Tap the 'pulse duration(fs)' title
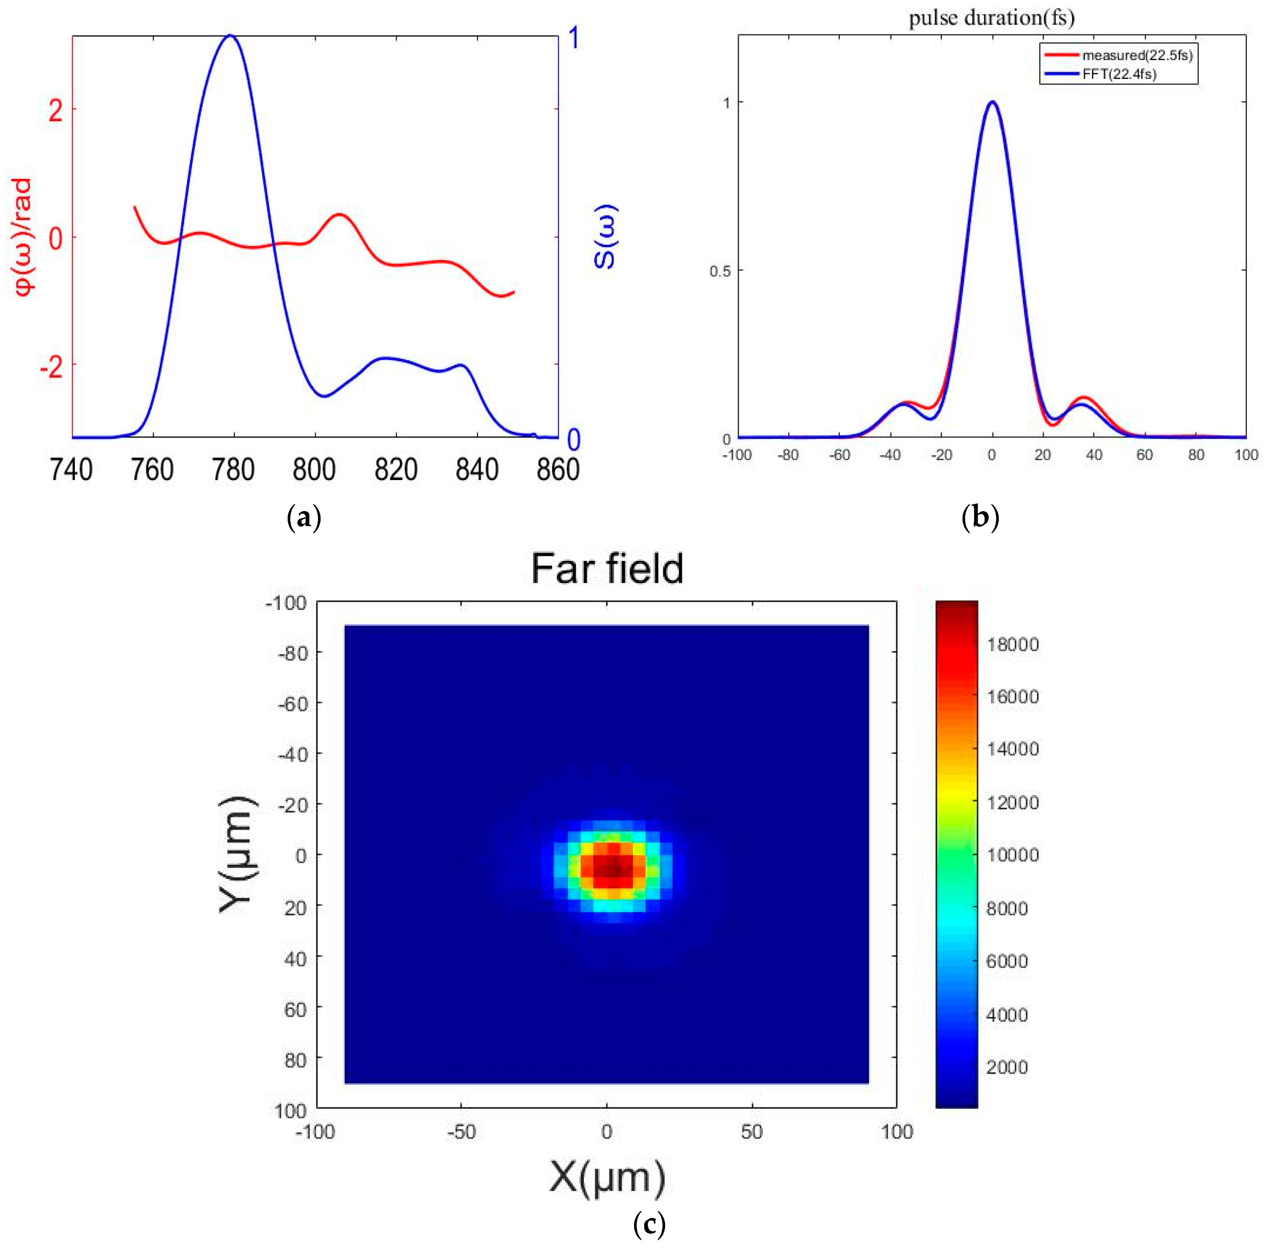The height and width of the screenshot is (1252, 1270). click(x=991, y=18)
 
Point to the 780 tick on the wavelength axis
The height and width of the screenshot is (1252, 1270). click(x=233, y=470)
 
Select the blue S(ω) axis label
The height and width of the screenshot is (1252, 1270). click(x=605, y=237)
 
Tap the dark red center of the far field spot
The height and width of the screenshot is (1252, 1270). click(x=613, y=868)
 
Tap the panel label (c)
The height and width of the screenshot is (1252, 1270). click(x=649, y=1224)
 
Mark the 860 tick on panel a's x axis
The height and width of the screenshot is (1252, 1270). click(x=558, y=470)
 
